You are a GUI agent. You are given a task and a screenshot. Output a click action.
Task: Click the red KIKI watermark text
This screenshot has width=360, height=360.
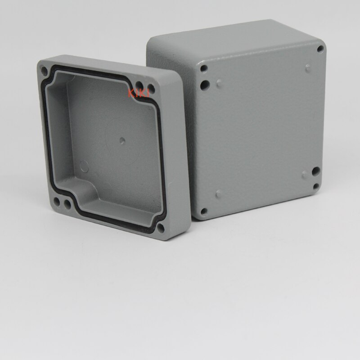[135, 93]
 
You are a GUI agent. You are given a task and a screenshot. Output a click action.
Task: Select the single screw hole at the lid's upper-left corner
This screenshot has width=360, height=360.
[45, 70]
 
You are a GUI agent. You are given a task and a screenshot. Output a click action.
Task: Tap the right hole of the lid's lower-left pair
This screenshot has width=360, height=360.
[67, 204]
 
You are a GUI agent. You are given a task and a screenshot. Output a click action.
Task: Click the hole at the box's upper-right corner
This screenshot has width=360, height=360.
[320, 48]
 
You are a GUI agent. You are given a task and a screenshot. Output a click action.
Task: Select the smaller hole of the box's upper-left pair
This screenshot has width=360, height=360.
[204, 69]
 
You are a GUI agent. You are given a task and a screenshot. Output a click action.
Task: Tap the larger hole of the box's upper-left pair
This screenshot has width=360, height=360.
[206, 84]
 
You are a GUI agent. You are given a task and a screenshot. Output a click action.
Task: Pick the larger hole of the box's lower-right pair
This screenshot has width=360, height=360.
[316, 171]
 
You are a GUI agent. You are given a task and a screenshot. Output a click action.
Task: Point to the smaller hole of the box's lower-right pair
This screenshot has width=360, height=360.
[316, 185]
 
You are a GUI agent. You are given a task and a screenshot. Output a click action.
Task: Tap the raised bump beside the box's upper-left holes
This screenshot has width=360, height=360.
[219, 82]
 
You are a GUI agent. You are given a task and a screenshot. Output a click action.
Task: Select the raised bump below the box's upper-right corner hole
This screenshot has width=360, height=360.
[308, 68]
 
